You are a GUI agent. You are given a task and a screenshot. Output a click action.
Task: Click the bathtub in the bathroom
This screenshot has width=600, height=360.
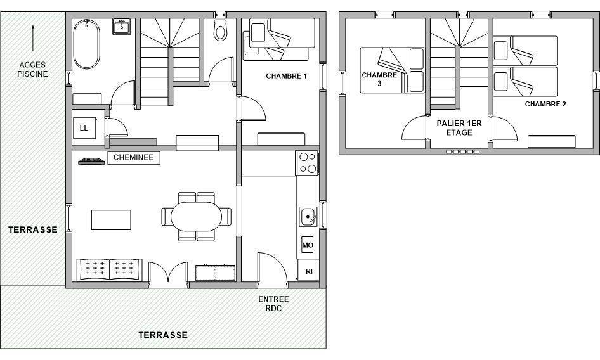pos(86,44)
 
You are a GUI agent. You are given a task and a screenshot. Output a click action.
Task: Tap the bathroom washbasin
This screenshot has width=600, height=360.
pos(122,27)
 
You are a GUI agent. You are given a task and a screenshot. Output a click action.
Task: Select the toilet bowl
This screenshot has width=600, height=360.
pos(221,30)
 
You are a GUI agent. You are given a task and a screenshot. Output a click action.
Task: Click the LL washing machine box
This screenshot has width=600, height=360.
pos(84,128)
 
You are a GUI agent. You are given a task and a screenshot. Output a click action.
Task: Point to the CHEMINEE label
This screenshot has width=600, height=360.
pos(134,158)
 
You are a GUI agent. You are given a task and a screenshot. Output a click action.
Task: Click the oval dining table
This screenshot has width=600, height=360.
pos(197,217)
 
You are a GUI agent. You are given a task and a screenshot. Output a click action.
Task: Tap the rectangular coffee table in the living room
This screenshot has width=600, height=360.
pos(111,220)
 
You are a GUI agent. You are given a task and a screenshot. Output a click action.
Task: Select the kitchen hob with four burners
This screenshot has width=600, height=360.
pos(308,163)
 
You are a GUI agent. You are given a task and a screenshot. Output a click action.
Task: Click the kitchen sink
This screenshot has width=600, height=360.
pos(308,217)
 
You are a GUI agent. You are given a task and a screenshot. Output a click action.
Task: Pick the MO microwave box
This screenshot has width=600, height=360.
pos(308,245)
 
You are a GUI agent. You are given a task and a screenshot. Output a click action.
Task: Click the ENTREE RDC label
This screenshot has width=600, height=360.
pos(273,304)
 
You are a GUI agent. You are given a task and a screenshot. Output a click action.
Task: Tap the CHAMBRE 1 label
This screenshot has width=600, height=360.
pos(286,76)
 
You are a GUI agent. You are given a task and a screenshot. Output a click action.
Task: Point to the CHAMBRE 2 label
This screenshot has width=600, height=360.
pos(545,104)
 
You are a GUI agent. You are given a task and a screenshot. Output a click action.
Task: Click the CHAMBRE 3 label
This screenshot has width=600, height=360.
pos(379,79)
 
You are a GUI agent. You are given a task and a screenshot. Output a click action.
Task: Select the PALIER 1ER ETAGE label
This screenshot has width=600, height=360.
pos(459,128)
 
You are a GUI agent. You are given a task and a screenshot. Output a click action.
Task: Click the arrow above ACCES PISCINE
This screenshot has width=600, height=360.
pos(33,38)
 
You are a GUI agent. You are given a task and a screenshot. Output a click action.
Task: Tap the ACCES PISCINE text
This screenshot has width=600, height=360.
pos(33,69)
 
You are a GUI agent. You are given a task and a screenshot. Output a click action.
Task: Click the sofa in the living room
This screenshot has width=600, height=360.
pos(110,269)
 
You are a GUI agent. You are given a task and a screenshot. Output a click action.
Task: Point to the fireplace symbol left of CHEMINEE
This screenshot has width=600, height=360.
pos(91,162)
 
